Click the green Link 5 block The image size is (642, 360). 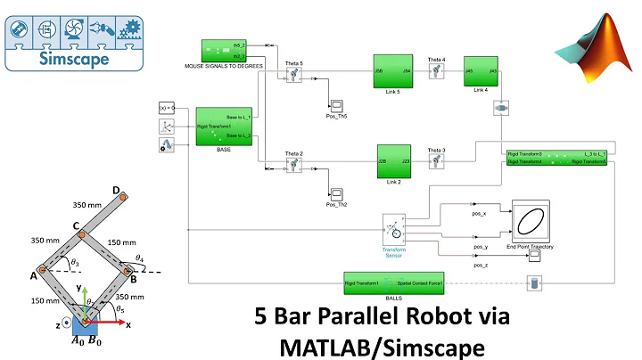click(x=393, y=72)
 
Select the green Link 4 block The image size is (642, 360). click(x=481, y=72)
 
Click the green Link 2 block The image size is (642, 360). click(x=393, y=161)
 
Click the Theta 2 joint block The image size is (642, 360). click(x=294, y=167)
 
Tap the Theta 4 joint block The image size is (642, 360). click(x=436, y=73)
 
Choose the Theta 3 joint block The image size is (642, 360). click(x=436, y=161)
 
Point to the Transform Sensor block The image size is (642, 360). click(x=394, y=228)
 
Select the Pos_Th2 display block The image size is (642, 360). click(x=337, y=193)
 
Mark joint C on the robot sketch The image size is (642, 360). click(x=80, y=235)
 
